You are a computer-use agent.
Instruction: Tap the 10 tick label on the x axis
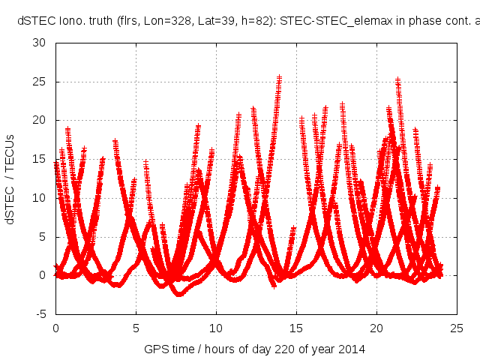[216, 328]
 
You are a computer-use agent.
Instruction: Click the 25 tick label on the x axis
[457, 328]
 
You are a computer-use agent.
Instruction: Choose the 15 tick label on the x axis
[296, 328]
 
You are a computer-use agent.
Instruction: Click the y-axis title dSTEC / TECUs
[10, 178]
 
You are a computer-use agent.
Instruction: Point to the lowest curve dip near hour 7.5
[179, 294]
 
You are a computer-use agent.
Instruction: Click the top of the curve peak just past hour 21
[398, 79]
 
